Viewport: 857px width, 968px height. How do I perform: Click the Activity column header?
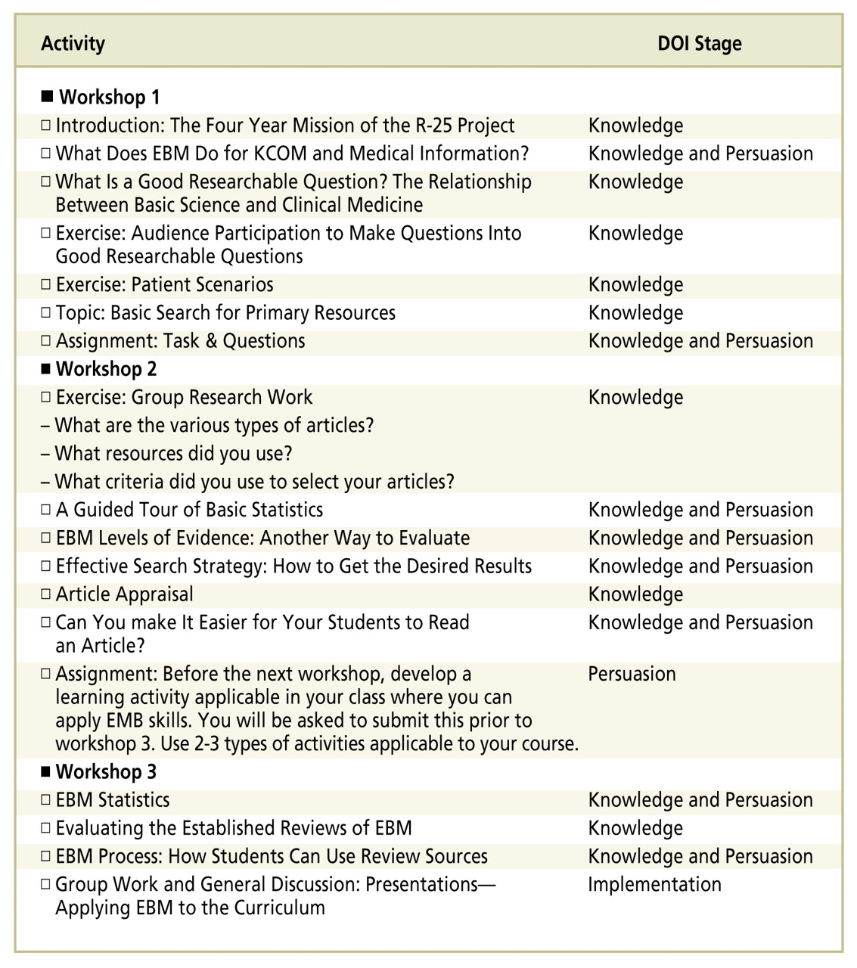coord(73,44)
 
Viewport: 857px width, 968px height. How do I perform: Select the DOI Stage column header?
coord(699,44)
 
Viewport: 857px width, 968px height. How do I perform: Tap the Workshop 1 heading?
coord(109,98)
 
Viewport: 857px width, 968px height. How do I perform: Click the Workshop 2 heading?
coord(106,369)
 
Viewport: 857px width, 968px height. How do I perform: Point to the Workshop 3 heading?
coord(106,772)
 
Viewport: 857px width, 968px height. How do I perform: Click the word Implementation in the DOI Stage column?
coord(654,885)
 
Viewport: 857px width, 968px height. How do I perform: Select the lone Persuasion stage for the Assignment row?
coord(632,674)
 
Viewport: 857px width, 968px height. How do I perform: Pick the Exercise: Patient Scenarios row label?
coord(164,285)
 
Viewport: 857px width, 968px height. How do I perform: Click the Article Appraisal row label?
coord(124,594)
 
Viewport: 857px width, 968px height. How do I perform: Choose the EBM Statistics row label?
coord(113,800)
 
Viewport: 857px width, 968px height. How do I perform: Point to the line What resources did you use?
coord(173,454)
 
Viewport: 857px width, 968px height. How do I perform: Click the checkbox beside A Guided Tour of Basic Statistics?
coord(46,509)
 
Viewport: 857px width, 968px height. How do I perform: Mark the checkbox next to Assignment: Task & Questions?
coord(46,340)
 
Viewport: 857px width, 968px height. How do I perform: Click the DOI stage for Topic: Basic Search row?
coord(635,313)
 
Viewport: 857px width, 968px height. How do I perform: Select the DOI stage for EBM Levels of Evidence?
coord(700,538)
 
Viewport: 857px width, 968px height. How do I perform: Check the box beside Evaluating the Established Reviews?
coord(46,827)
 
